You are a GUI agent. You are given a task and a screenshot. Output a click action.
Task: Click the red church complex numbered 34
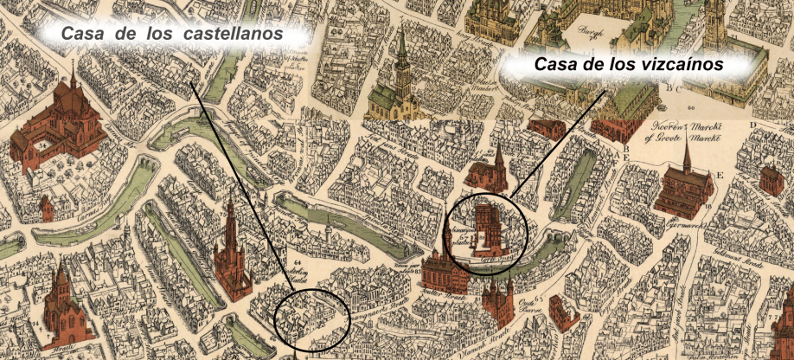click(65, 120)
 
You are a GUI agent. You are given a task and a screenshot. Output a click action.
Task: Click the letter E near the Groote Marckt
click(720, 173)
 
